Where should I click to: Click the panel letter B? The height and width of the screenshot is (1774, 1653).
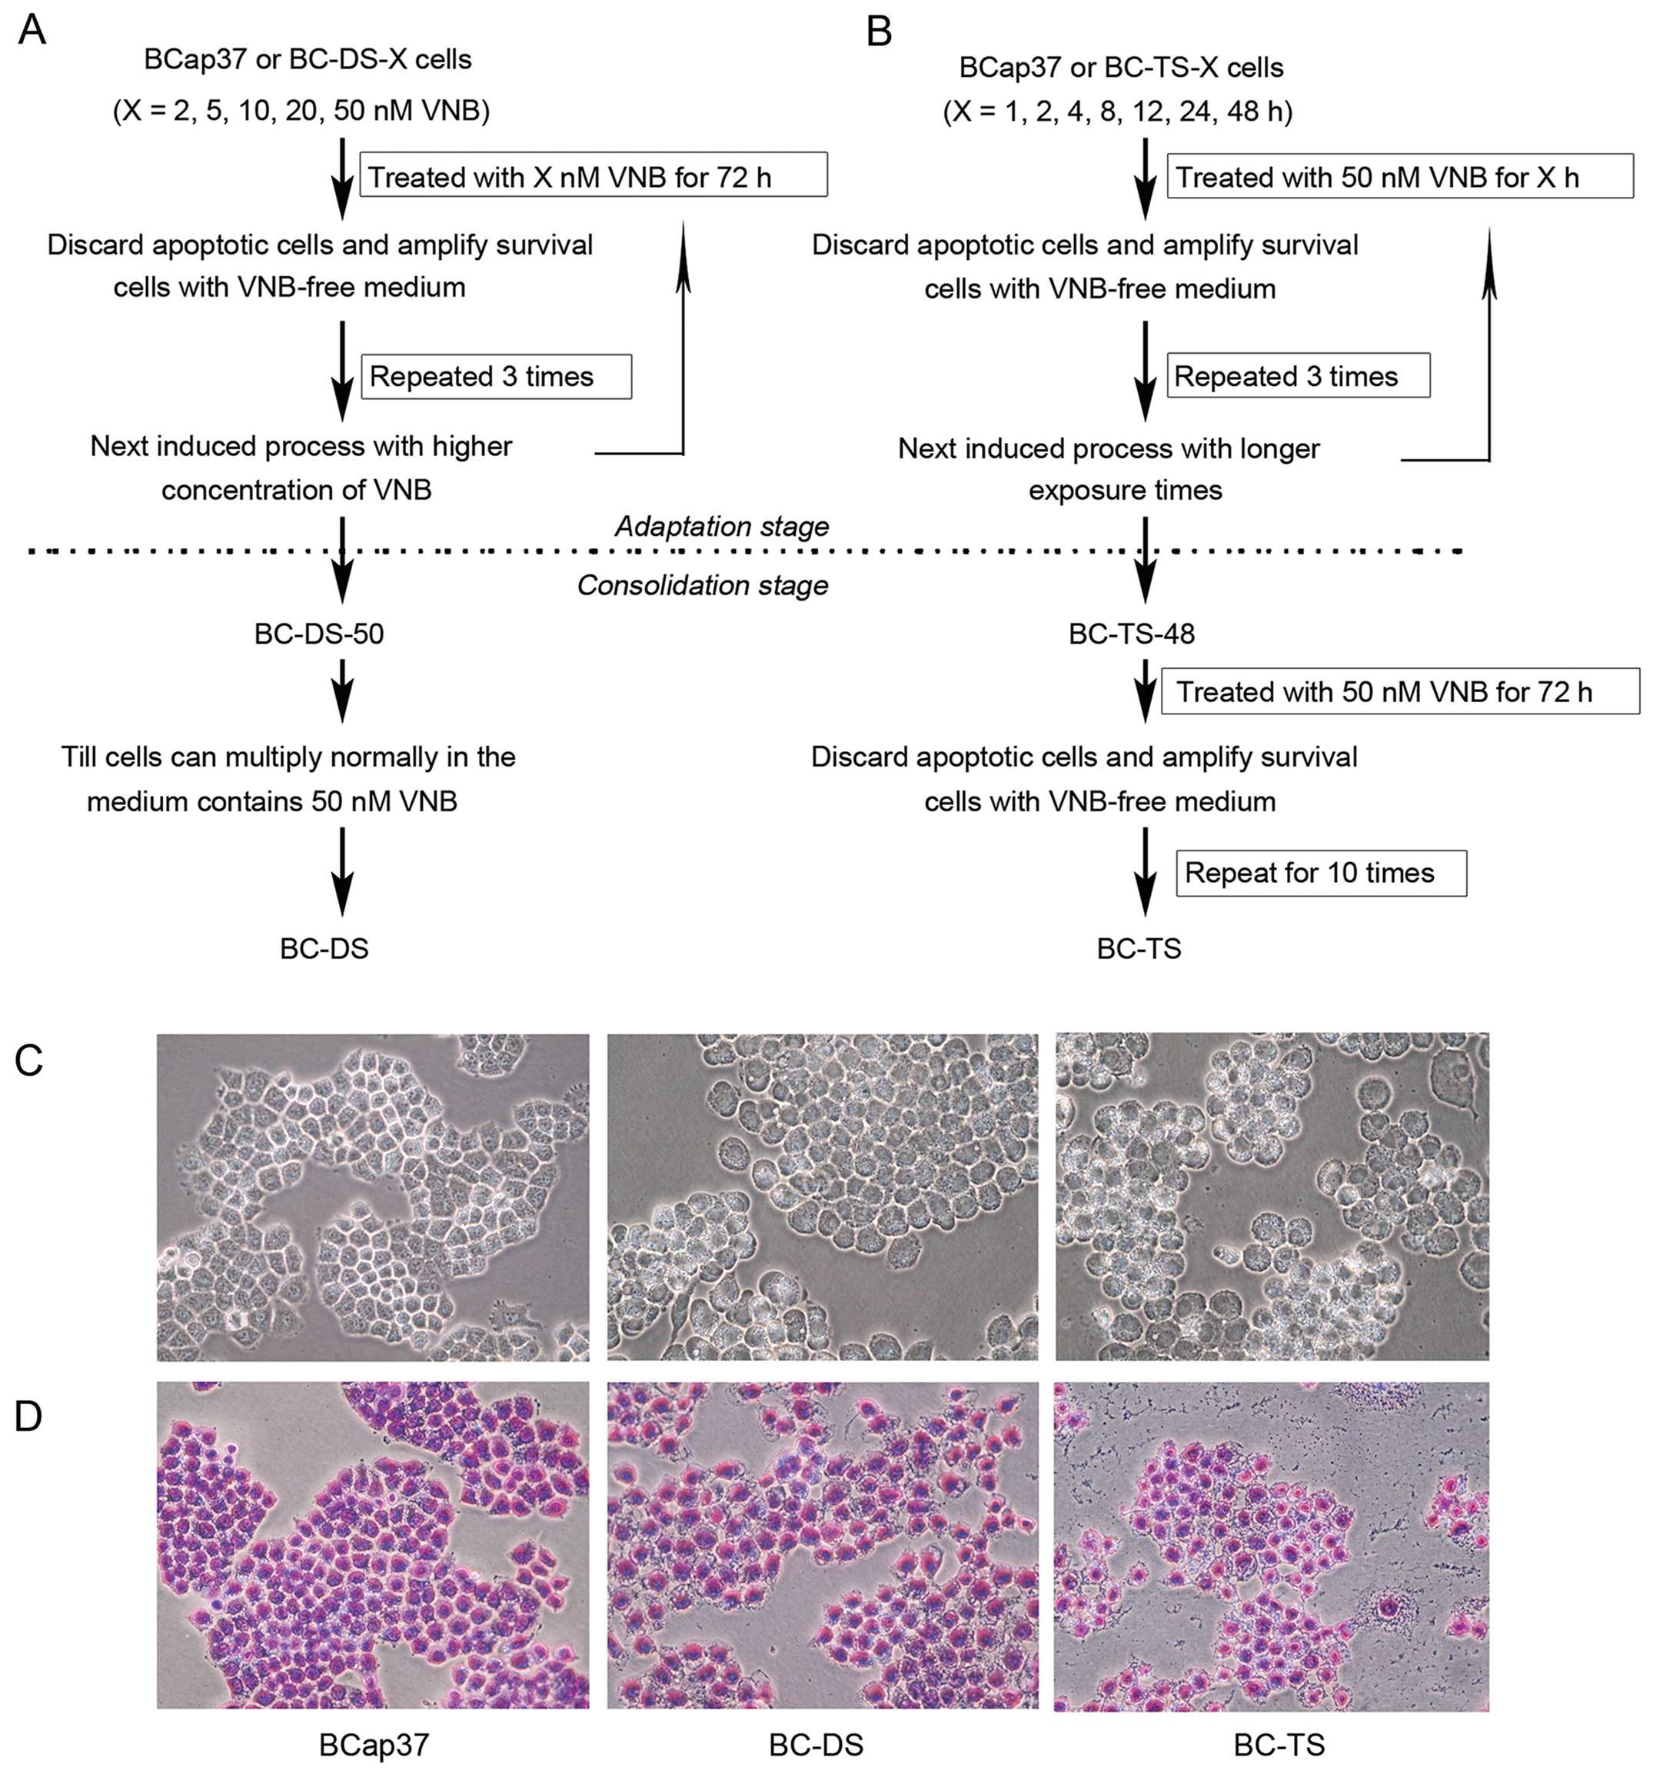pyautogui.click(x=879, y=32)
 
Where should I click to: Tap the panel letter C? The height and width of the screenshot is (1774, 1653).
pyautogui.click(x=29, y=1060)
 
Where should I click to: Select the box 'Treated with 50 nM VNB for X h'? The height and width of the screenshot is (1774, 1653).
pyautogui.click(x=1399, y=177)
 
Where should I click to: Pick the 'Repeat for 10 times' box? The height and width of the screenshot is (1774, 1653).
pyautogui.click(x=1320, y=873)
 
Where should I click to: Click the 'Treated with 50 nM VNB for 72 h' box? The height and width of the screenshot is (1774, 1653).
pyautogui.click(x=1399, y=691)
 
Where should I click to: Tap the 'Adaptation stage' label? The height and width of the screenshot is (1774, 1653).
pyautogui.click(x=722, y=527)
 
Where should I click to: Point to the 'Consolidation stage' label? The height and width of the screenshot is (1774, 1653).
pyautogui.click(x=703, y=585)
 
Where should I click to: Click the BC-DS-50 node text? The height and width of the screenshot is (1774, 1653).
pyautogui.click(x=319, y=634)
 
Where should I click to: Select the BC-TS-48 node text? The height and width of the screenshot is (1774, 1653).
pyautogui.click(x=1131, y=634)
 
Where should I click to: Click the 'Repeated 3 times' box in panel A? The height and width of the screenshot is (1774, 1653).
pyautogui.click(x=495, y=377)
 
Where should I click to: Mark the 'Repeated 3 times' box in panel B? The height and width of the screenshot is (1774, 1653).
pyautogui.click(x=1297, y=377)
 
